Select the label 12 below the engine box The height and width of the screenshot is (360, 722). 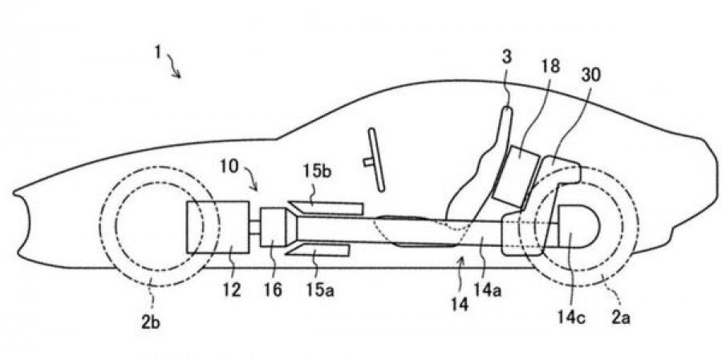pyautogui.click(x=233, y=289)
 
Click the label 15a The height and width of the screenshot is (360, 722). pyautogui.click(x=323, y=289)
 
